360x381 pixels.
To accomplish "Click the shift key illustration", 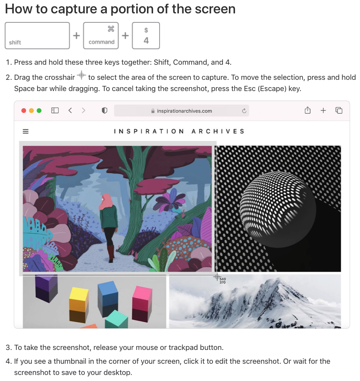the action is pos(37,35).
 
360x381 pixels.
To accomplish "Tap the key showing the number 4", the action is pos(146,35).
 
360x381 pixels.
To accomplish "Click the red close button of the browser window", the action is pos(24,111).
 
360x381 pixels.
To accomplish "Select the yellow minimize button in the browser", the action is pos(31,111).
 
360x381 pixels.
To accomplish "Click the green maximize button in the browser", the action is pos(39,111).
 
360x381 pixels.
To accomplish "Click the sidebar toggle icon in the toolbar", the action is pos(55,110).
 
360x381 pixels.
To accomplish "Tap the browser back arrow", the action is pos(70,110).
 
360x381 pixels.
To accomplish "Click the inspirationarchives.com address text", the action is pos(184,111).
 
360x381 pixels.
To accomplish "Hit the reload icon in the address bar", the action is pos(244,111).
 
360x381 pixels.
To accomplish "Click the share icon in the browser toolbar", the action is pos(307,110).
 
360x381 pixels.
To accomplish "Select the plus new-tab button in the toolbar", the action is pos(323,110).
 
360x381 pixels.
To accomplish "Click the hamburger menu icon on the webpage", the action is pos(25,132).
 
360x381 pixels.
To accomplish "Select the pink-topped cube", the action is pos(142,304).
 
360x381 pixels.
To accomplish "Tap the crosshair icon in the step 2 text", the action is pos(81,75).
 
